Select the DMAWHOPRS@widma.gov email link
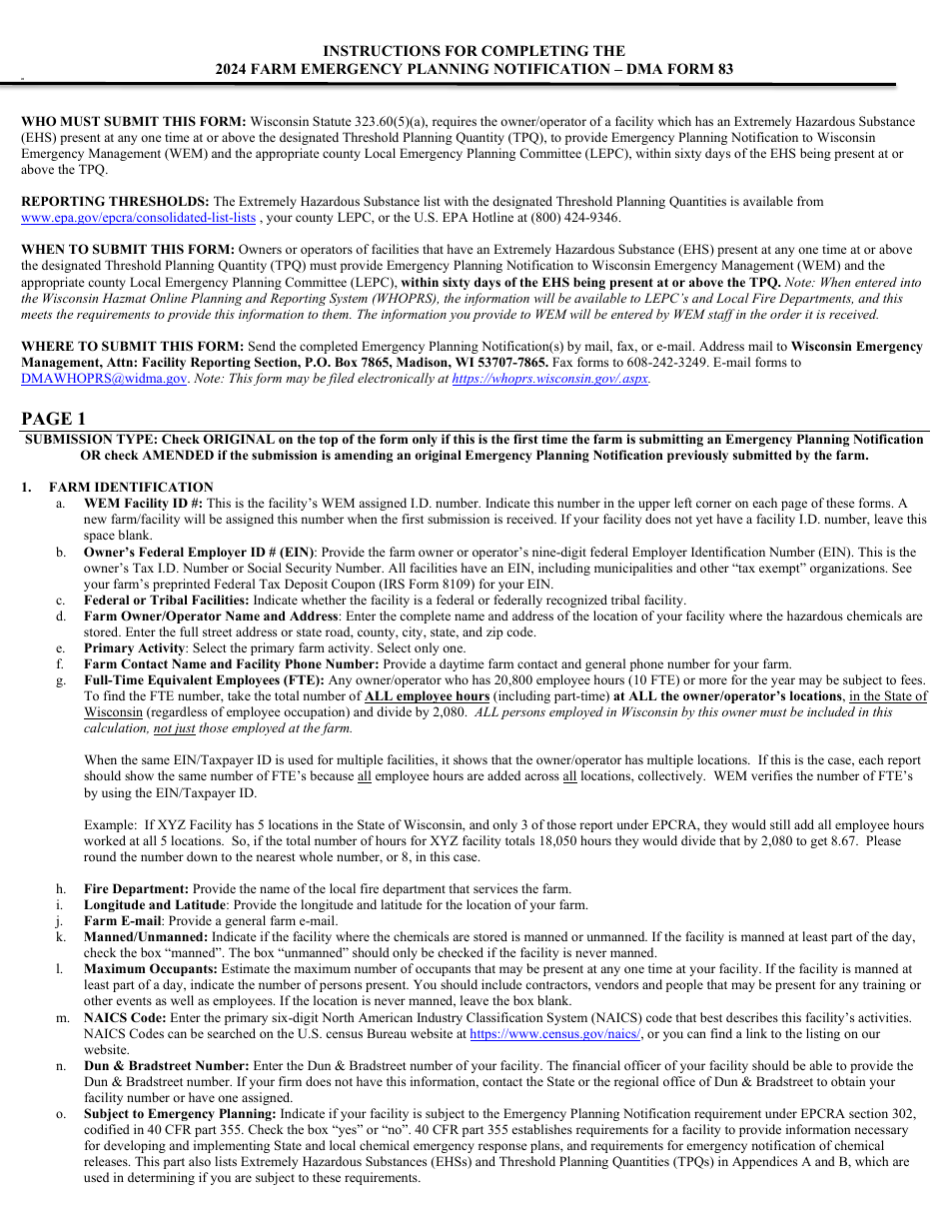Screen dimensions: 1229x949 [x=104, y=379]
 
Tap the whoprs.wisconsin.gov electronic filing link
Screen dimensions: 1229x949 [x=549, y=379]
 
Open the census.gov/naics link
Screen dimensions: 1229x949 [x=556, y=1034]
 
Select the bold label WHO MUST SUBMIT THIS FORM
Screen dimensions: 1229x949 [x=133, y=122]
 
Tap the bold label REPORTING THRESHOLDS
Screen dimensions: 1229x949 [x=115, y=202]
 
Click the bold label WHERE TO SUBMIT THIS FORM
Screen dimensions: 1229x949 [x=132, y=347]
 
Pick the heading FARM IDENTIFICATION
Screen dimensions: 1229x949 [x=131, y=487]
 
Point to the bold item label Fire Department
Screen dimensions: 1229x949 [x=136, y=888]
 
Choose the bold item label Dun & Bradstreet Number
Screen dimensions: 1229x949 [x=166, y=1065]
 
